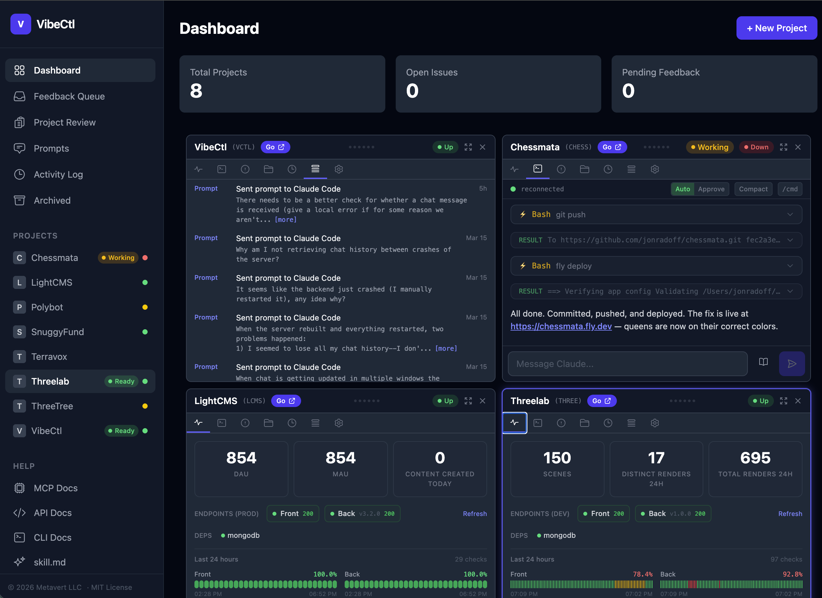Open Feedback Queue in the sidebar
tap(69, 96)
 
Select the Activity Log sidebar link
tap(58, 174)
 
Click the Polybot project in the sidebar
tap(47, 307)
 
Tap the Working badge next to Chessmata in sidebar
tap(118, 258)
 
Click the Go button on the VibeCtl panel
tap(275, 147)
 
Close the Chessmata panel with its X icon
tap(798, 147)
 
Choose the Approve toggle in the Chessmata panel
tap(711, 189)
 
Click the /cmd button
tap(789, 189)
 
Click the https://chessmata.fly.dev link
tap(561, 326)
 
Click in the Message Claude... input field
tap(627, 364)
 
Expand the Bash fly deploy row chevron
tap(790, 266)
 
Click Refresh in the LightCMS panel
tap(474, 513)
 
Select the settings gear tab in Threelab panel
tap(654, 423)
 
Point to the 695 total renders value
tap(755, 458)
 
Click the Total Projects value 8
tap(196, 91)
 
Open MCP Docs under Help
tap(56, 488)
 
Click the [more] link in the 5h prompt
tap(285, 219)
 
